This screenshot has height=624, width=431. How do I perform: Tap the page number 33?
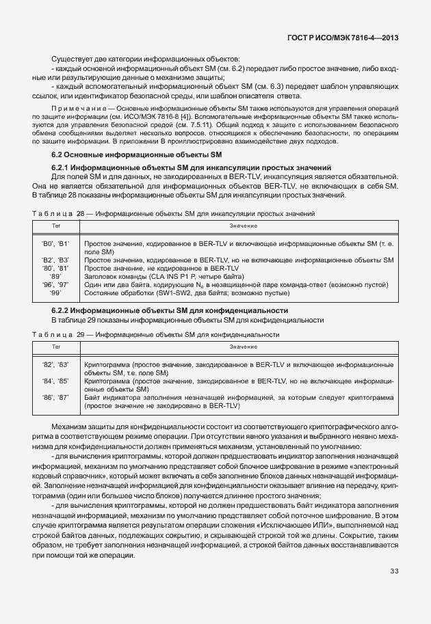pos(394,571)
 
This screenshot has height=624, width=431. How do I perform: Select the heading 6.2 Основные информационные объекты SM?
pos(114,156)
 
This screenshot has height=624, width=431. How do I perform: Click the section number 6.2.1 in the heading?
pos(63,167)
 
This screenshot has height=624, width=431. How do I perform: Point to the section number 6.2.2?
pos(63,311)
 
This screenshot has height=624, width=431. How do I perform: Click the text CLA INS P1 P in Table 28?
pos(159,277)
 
